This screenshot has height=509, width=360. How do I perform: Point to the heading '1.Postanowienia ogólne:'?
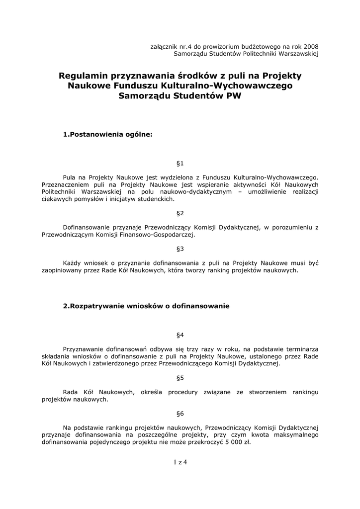[x=107, y=134]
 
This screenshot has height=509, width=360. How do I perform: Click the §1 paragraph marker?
[x=180, y=163]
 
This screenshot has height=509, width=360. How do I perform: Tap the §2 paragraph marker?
[x=180, y=213]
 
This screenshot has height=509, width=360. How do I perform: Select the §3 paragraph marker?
[x=180, y=248]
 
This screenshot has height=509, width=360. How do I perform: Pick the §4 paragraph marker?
[x=180, y=335]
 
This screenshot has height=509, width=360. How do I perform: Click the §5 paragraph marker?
[x=180, y=377]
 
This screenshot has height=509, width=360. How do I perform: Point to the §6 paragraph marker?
[x=180, y=413]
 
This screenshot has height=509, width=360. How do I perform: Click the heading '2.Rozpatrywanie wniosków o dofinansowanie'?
[x=146, y=306]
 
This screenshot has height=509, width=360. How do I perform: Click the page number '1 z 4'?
[x=180, y=462]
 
